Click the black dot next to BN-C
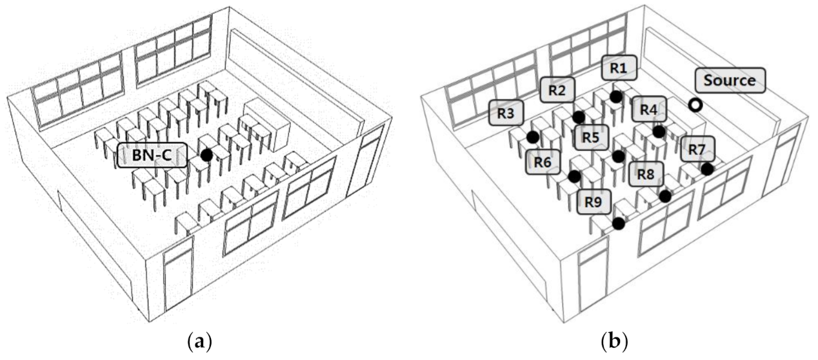click(206, 155)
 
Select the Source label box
click(729, 81)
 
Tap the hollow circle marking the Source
click(694, 105)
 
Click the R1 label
click(618, 67)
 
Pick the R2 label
click(557, 90)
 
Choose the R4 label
click(648, 110)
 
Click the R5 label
click(590, 137)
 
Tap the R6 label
click(543, 161)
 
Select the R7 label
click(697, 150)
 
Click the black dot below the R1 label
click(616, 96)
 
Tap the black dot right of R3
click(532, 137)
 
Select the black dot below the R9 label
click(618, 223)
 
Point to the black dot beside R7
click(707, 169)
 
